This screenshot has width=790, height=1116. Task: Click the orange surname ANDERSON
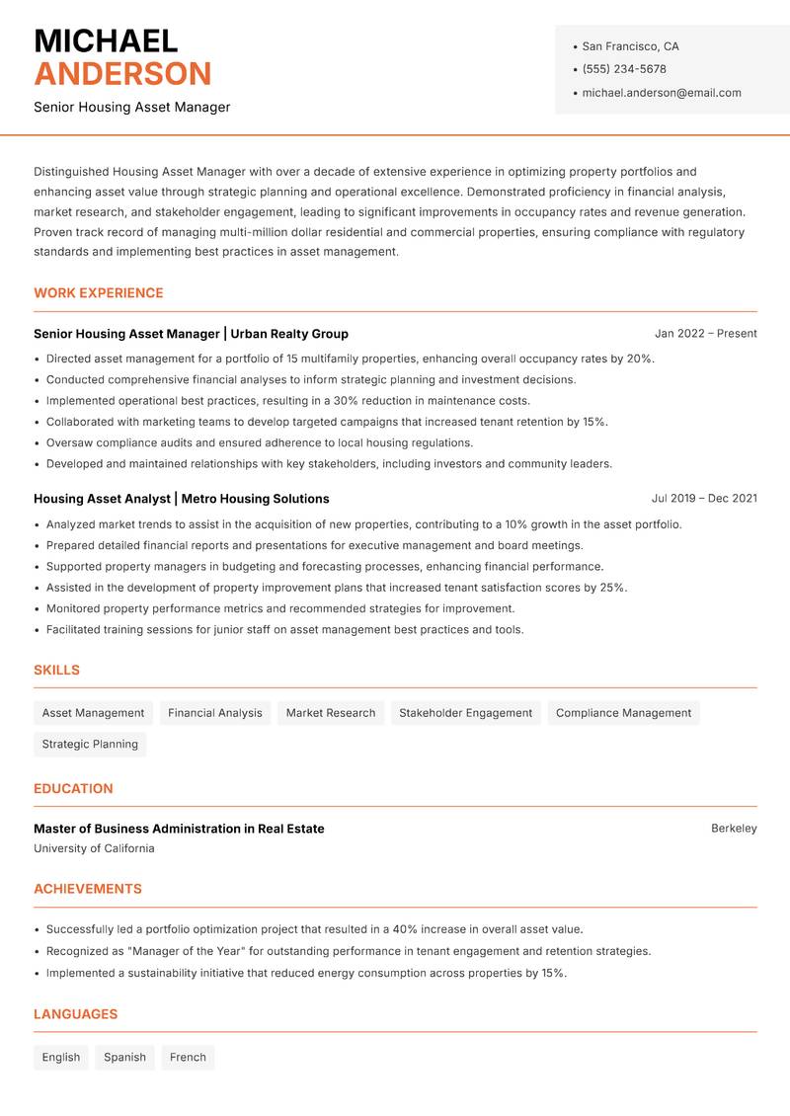[122, 74]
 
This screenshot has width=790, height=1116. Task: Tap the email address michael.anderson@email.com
[661, 93]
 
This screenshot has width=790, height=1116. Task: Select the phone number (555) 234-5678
[623, 69]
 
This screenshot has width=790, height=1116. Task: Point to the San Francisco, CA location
[630, 46]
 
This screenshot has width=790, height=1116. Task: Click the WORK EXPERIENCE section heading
[98, 293]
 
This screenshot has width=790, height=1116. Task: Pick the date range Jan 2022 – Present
[705, 334]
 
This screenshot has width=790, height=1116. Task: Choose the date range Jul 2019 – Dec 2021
[704, 499]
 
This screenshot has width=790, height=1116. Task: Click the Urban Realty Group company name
[289, 334]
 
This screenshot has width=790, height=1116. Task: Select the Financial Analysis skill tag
[215, 713]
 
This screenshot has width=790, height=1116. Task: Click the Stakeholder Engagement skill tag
[465, 713]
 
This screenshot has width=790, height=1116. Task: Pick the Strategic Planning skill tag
[90, 745]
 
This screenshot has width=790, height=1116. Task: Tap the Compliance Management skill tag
[623, 713]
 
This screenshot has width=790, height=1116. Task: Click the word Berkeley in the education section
[734, 829]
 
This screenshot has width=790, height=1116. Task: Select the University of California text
[94, 848]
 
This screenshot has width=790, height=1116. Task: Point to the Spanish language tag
[124, 1058]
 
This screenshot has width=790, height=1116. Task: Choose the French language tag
[188, 1058]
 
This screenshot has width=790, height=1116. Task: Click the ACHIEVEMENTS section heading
[88, 889]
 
